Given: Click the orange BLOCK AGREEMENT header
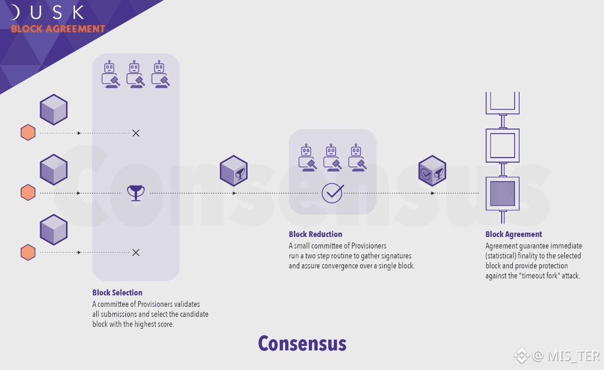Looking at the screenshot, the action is (x=58, y=29).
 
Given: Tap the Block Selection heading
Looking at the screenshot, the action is (x=117, y=292).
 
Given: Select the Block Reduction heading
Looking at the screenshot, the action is (x=315, y=234).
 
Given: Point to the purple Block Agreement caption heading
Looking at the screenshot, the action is (x=513, y=234).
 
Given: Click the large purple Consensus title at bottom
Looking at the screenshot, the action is (x=302, y=343).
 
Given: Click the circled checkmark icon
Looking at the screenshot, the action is (x=332, y=193).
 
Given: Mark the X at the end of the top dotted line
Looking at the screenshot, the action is (x=135, y=133).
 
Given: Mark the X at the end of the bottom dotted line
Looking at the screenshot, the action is (x=135, y=253).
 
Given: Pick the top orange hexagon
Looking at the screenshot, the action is (x=28, y=133).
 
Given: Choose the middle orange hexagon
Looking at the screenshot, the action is (x=28, y=193).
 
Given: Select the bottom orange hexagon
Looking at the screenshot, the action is (x=28, y=253).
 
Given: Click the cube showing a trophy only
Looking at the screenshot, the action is (x=233, y=170).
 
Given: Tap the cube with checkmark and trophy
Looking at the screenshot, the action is (x=432, y=170).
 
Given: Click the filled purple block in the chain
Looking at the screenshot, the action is (x=502, y=193).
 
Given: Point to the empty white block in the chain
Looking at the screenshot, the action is (x=502, y=145).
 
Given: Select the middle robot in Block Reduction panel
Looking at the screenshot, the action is (x=332, y=156).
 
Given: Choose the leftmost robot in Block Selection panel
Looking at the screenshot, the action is (x=110, y=74).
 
